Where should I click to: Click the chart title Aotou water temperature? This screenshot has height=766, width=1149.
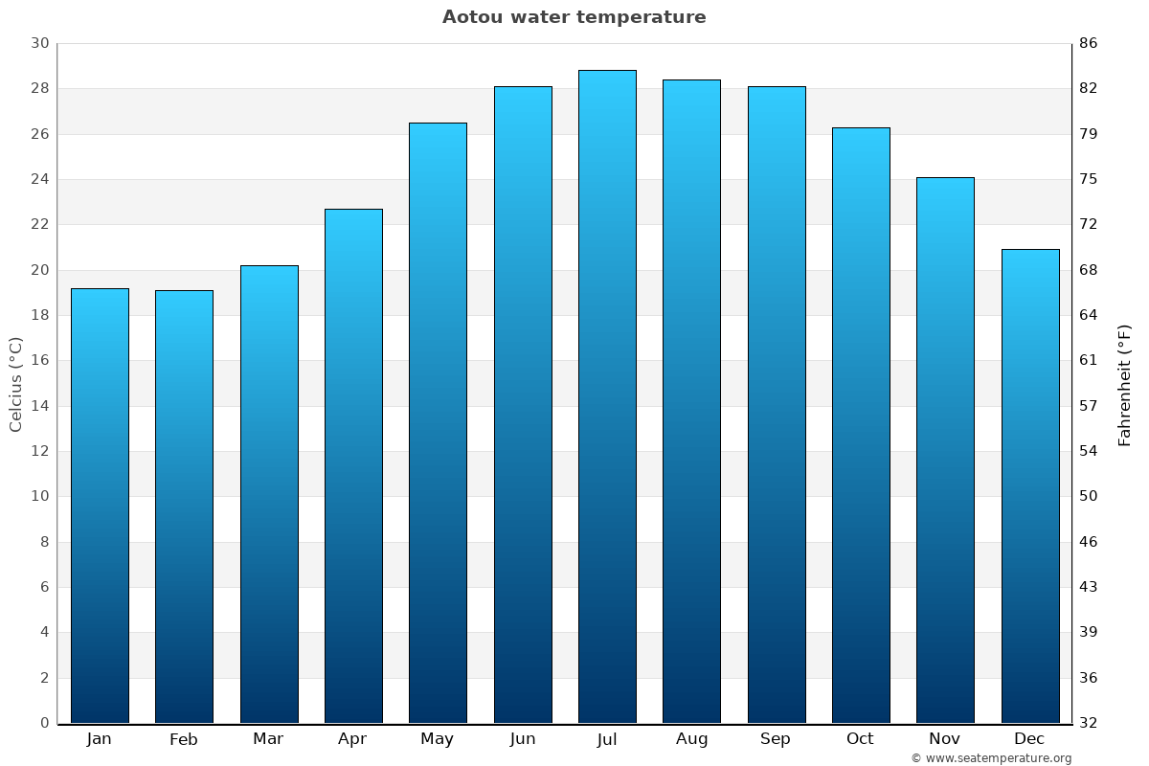574,17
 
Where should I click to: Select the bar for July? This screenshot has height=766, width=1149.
607,396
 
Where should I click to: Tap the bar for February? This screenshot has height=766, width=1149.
184,507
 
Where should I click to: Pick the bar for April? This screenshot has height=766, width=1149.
353,465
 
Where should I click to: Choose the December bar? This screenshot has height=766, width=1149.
1030,485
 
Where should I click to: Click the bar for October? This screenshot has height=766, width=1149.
861,425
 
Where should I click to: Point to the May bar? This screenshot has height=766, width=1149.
438,422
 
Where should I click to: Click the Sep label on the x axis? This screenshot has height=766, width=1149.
776,739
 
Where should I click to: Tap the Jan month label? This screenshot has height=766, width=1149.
99,739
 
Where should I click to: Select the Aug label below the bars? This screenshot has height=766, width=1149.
691,739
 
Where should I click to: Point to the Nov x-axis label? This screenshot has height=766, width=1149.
945,739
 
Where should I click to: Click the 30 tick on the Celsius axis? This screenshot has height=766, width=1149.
39,43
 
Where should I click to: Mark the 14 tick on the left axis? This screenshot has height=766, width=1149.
39,406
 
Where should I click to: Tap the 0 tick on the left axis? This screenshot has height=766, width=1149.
44,723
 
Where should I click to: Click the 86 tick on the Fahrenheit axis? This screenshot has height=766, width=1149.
1089,43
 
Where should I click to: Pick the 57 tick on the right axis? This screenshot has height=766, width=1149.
1089,406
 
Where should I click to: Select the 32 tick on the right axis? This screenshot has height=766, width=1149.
1089,723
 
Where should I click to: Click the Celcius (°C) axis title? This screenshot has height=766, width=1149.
15,384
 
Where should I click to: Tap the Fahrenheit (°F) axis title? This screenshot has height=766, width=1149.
1125,384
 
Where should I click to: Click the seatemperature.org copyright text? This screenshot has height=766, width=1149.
991,758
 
